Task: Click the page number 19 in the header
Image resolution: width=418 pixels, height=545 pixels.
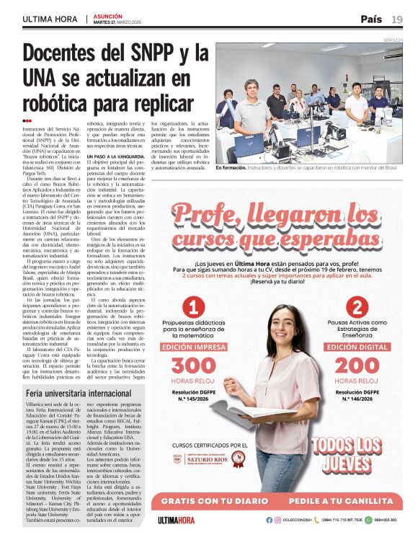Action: [397, 19]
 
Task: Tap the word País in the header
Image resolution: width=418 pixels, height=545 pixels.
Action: [371, 19]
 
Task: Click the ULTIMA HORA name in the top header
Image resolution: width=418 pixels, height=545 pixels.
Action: [50, 19]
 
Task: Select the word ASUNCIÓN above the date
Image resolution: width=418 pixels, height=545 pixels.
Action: [108, 14]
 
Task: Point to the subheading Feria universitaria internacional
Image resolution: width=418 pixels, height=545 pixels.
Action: [78, 394]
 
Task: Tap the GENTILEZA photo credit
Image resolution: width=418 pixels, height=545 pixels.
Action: [393, 40]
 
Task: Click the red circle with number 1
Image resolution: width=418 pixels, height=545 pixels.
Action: [192, 307]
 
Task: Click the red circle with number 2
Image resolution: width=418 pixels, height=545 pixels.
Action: [356, 307]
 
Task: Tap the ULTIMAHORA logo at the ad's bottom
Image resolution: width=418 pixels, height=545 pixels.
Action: [177, 520]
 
